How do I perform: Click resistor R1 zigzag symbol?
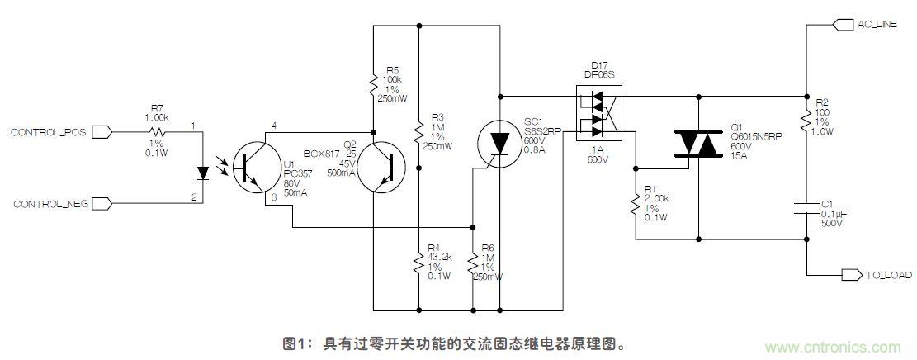[636, 204]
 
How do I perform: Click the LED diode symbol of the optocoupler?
[203, 173]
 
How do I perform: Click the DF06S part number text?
[598, 73]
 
